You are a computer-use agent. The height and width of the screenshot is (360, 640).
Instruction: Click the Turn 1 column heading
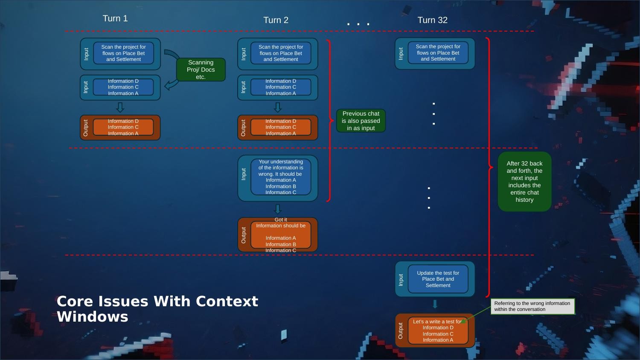tap(115, 18)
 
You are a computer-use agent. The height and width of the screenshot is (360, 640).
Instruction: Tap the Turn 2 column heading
tap(276, 20)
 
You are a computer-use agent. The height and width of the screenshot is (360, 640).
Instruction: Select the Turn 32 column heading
tap(432, 20)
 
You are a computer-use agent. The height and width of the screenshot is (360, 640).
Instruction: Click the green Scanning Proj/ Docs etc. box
tap(201, 70)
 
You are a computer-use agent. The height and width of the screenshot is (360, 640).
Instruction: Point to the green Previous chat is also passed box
tap(361, 121)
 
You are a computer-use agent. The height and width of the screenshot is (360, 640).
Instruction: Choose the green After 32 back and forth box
tap(524, 182)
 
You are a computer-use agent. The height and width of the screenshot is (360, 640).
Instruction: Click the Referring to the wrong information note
tap(532, 306)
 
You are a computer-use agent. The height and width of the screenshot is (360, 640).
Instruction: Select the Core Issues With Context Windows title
tap(157, 309)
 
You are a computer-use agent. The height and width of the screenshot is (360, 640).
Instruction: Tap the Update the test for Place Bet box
tap(438, 279)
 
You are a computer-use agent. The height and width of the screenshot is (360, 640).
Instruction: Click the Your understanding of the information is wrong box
tap(281, 177)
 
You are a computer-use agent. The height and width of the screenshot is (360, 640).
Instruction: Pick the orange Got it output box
tap(281, 235)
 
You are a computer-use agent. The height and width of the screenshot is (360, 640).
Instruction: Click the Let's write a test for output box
tap(438, 331)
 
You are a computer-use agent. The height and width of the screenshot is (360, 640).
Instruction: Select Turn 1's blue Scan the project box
tap(123, 53)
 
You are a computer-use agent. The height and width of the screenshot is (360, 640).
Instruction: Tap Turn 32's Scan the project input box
tap(438, 53)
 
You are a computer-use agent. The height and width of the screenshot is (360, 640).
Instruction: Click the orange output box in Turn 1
tap(123, 127)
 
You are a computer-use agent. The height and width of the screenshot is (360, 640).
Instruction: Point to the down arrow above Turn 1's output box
tap(120, 107)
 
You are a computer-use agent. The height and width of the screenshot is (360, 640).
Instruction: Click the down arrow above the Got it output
tap(278, 209)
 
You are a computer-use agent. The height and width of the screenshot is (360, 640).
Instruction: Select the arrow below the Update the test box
tap(435, 304)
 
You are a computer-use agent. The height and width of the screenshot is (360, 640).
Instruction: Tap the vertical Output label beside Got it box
tap(244, 235)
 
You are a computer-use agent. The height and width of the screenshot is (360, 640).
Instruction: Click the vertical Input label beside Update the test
tap(401, 280)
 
